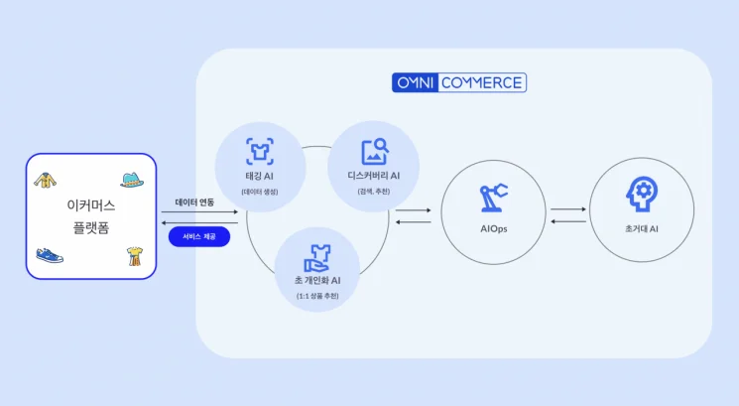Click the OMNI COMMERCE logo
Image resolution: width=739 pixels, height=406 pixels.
tap(459, 82)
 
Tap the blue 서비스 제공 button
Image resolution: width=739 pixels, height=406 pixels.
tap(199, 237)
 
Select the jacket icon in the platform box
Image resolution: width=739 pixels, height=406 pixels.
tap(45, 180)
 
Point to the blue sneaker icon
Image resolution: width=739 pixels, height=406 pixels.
tap(48, 255)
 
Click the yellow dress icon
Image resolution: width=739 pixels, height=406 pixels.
tap(132, 257)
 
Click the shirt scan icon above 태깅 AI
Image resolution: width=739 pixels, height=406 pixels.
tap(260, 152)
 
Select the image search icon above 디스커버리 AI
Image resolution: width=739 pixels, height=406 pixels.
tap(374, 152)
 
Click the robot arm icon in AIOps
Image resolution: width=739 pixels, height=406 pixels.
tap(493, 197)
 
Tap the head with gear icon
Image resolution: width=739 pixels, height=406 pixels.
tap(640, 195)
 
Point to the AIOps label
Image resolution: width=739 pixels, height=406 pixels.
tap(493, 228)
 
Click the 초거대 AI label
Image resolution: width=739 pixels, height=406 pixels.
tap(640, 228)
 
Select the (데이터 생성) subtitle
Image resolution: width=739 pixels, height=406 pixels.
tap(260, 191)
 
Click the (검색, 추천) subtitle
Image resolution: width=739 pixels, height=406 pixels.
tap(374, 191)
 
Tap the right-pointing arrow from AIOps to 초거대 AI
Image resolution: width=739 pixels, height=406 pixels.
tap(568, 209)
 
